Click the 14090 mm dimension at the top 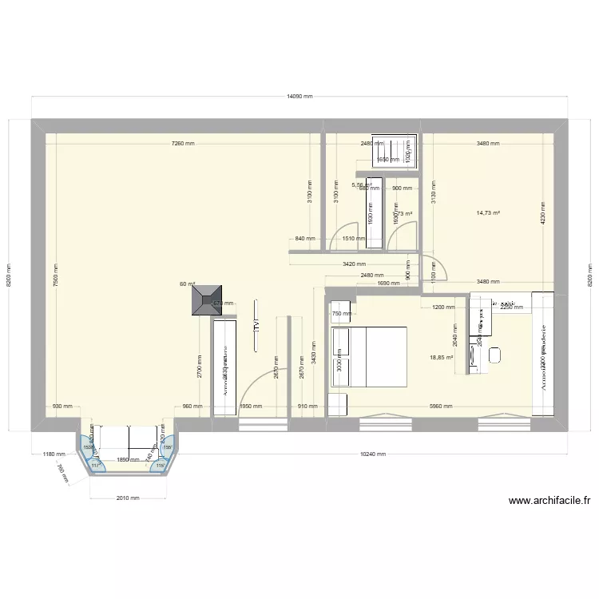(x=299, y=95)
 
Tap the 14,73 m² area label (x=488, y=213)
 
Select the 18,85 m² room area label (x=441, y=358)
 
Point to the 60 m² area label (x=188, y=284)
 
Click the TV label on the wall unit (x=256, y=325)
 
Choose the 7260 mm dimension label (x=183, y=144)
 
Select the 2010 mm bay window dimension (x=128, y=498)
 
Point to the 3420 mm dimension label (x=354, y=264)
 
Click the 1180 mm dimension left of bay (x=54, y=454)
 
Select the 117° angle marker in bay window (x=95, y=465)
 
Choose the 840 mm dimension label (x=304, y=239)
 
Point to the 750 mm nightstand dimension (x=341, y=314)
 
